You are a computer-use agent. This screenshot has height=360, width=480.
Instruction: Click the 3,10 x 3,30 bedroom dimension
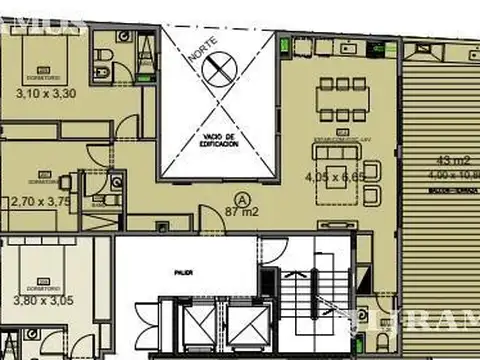click(x=46, y=95)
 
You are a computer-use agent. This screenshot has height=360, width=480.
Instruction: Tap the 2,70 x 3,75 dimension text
click(x=41, y=200)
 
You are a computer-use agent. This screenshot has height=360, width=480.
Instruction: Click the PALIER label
click(x=183, y=270)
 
